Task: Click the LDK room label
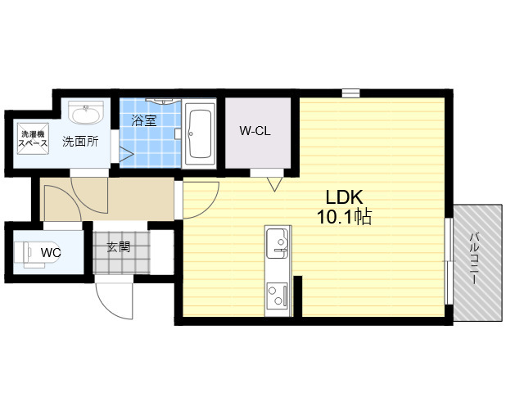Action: (x=344, y=197)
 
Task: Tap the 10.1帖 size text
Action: (x=344, y=217)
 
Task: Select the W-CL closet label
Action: (x=255, y=131)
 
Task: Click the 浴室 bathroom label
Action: (x=144, y=120)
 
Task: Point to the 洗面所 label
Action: (x=80, y=142)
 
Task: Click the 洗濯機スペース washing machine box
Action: (x=33, y=139)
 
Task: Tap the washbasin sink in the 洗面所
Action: (x=86, y=113)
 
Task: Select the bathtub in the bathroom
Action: (x=200, y=134)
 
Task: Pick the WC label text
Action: (x=51, y=253)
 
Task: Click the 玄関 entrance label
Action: (x=119, y=247)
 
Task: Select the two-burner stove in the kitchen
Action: (x=277, y=295)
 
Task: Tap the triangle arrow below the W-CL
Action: (x=275, y=184)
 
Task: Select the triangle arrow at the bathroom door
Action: (x=126, y=154)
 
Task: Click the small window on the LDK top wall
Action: (x=351, y=93)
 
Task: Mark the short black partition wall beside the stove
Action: (x=298, y=296)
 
